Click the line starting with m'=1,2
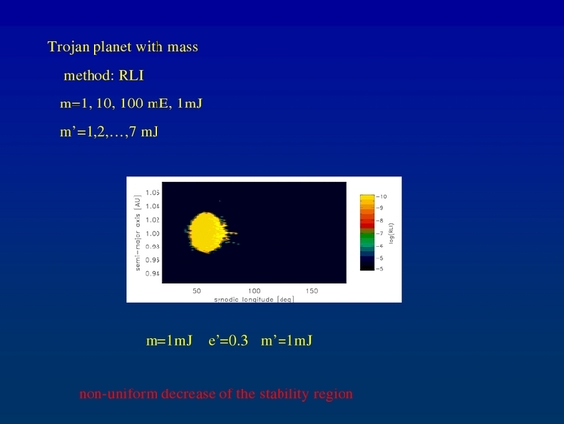click(x=108, y=131)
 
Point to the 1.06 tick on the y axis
click(x=152, y=193)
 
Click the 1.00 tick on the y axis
click(x=152, y=233)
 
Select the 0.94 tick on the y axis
click(x=152, y=273)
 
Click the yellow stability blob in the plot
click(x=207, y=233)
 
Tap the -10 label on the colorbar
click(x=382, y=197)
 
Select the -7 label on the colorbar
click(x=381, y=232)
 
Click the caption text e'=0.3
click(x=227, y=341)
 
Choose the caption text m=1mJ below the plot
click(x=167, y=341)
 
